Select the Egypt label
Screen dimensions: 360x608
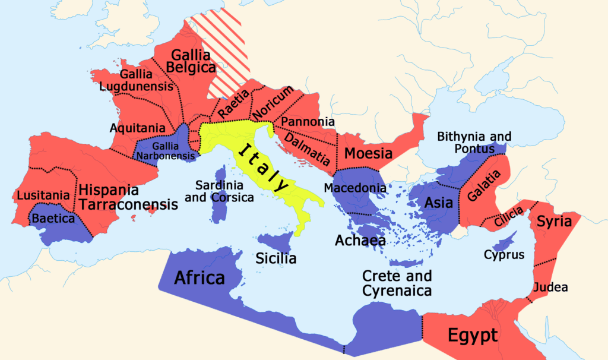point(472,336)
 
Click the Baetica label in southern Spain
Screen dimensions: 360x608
point(53,218)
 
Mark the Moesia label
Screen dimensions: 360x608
point(369,154)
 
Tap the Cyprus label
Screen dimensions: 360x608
point(504,255)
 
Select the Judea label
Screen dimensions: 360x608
point(551,288)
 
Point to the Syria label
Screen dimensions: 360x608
point(554,222)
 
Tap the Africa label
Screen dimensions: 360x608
point(199,277)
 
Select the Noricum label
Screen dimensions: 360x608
point(273,102)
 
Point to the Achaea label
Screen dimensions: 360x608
point(360,241)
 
